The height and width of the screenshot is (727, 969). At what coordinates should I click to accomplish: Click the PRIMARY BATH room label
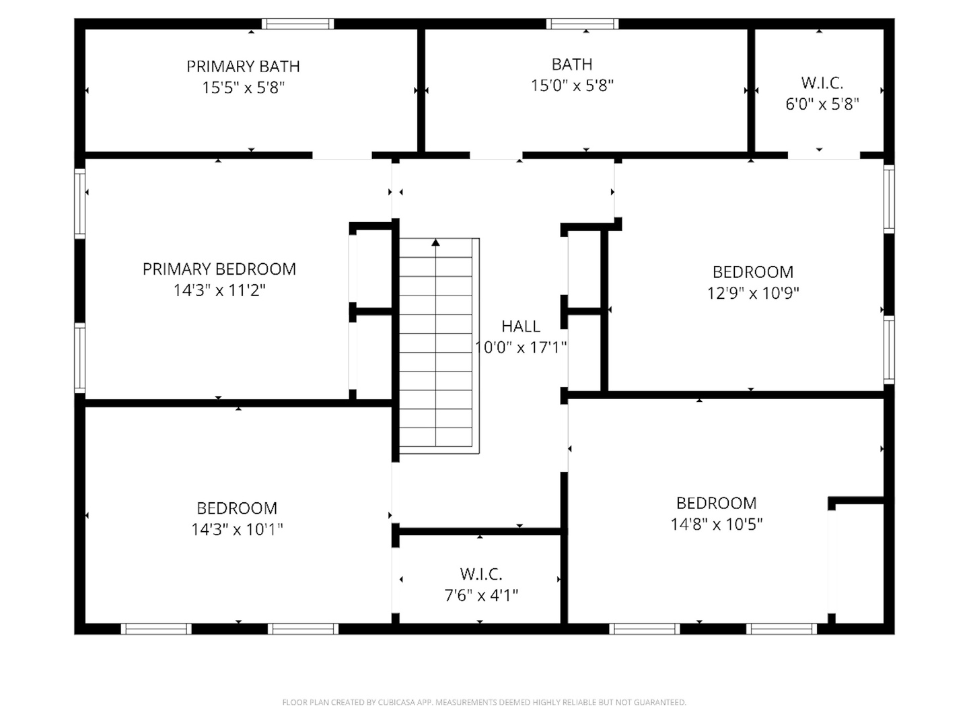point(243,67)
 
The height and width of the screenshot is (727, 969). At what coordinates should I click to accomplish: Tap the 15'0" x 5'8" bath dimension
point(572,85)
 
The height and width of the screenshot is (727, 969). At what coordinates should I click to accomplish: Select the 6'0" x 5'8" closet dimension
point(822,104)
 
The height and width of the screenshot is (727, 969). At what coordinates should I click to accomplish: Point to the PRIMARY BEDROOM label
point(219,269)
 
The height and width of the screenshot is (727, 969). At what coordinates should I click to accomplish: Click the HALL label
point(520,326)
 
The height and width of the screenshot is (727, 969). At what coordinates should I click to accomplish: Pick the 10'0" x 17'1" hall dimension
point(520,348)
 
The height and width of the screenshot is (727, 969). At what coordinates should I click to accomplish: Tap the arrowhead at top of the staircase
point(436,242)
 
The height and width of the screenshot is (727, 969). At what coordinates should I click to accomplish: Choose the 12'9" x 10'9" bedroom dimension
point(753,293)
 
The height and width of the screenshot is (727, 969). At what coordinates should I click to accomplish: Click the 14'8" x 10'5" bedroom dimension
point(716,524)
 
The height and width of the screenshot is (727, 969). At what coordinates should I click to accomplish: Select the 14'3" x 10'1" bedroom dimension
point(237,529)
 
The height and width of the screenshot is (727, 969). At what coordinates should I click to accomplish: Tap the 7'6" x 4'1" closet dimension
point(480,596)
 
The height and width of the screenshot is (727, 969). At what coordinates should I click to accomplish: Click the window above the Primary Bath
point(297,24)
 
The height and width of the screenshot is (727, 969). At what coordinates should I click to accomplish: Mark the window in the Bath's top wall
point(582,24)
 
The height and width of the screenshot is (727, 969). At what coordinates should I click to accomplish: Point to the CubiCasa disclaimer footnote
point(485,702)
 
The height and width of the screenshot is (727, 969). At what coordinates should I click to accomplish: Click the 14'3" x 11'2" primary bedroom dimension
point(219,290)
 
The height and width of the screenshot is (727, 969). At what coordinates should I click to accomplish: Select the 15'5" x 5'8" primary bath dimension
point(243,88)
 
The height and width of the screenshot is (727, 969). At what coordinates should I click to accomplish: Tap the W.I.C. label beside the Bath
point(822,83)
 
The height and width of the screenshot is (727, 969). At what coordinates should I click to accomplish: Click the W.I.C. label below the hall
point(480,574)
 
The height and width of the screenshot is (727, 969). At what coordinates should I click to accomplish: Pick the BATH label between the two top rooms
point(572,65)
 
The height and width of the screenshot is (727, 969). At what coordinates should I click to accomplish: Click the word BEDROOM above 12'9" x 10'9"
point(753,272)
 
